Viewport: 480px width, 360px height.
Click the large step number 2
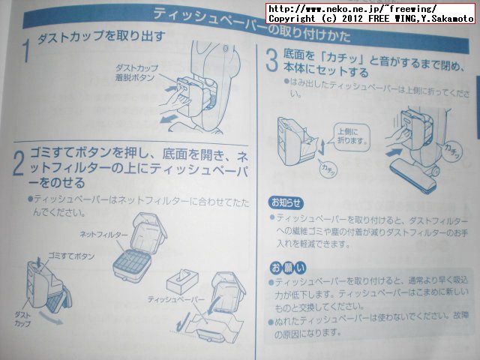(20, 163)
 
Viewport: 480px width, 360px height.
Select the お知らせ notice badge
(286, 202)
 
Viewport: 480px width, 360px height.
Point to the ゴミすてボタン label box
(70, 256)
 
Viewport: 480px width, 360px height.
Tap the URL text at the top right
(352, 7)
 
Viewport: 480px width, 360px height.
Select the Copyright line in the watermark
(370, 17)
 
